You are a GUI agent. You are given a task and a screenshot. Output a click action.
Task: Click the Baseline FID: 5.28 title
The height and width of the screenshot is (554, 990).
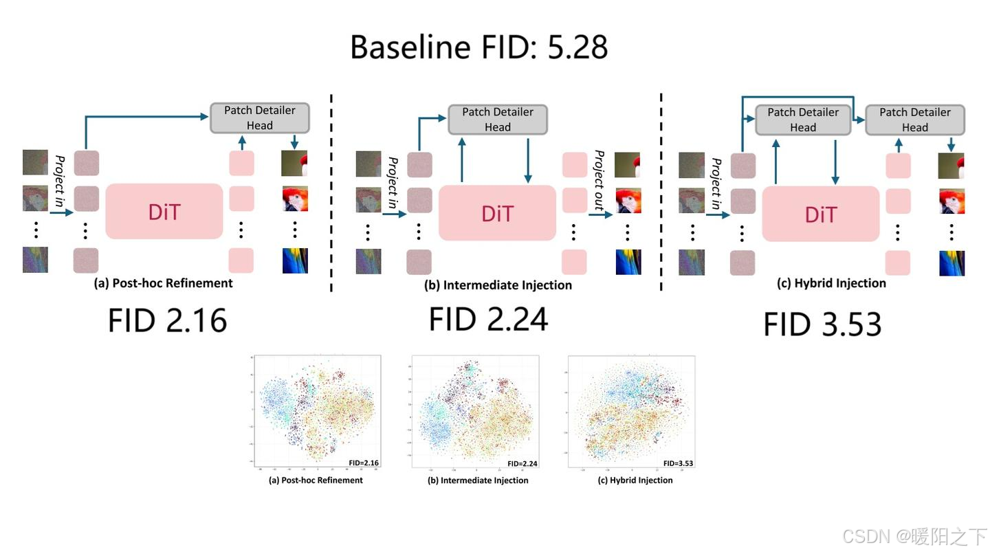(x=478, y=47)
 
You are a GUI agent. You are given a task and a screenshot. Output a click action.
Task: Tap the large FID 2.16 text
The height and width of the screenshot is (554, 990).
(x=167, y=321)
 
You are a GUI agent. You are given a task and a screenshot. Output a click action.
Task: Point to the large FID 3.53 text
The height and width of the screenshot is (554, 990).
(x=822, y=324)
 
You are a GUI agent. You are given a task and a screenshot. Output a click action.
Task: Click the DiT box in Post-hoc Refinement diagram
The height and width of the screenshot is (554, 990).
(x=164, y=211)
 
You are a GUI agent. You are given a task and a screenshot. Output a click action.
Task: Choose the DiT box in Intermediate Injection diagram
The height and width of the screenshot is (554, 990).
(x=497, y=213)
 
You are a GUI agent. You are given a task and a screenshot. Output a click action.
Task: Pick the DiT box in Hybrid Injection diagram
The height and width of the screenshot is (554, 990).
(x=820, y=214)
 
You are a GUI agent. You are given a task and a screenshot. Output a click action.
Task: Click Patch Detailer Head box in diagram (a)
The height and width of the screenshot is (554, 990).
(x=259, y=118)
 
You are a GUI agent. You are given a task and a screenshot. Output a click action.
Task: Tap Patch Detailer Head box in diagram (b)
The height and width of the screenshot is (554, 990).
(x=497, y=120)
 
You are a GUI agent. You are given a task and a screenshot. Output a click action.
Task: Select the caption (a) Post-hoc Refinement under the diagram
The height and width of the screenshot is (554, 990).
(x=163, y=283)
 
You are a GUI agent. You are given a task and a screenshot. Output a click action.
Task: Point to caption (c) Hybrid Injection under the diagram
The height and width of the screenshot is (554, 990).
(x=830, y=283)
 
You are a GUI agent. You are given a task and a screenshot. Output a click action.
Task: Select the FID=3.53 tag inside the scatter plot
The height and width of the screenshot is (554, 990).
(x=678, y=463)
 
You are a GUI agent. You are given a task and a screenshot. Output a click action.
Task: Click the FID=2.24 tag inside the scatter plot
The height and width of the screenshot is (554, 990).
(x=522, y=463)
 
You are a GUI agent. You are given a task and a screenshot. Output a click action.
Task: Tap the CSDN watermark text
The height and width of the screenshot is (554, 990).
(x=914, y=536)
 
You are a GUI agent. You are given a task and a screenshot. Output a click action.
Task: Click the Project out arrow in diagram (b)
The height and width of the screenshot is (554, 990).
(x=600, y=215)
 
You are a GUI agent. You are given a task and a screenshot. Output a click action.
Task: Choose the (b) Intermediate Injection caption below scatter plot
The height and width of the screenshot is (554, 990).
(x=478, y=480)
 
